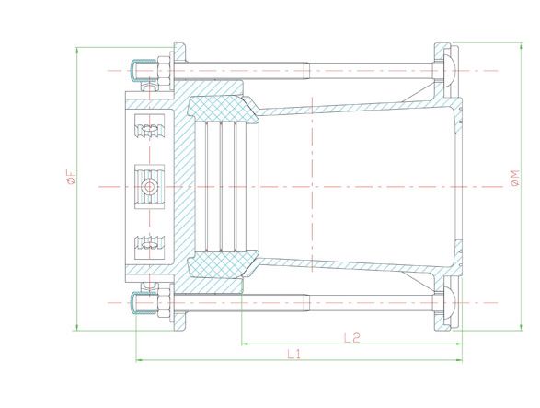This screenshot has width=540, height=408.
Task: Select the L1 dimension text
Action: point(294,353)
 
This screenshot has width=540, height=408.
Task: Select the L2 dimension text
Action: point(350,337)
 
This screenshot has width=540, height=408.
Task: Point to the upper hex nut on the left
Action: point(163,70)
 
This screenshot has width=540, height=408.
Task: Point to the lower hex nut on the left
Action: point(163,301)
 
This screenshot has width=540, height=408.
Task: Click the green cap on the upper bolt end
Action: point(139,70)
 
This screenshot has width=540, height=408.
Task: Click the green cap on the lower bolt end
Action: point(139,301)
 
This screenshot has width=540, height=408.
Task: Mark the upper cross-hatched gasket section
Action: point(221,105)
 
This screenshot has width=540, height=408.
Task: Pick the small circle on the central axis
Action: point(148,186)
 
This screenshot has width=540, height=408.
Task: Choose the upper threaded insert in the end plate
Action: point(149,129)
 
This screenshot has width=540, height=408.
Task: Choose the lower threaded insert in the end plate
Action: point(149,244)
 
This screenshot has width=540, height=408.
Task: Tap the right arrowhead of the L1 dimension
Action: point(459,359)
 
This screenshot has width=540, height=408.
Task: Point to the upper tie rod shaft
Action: point(304,70)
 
